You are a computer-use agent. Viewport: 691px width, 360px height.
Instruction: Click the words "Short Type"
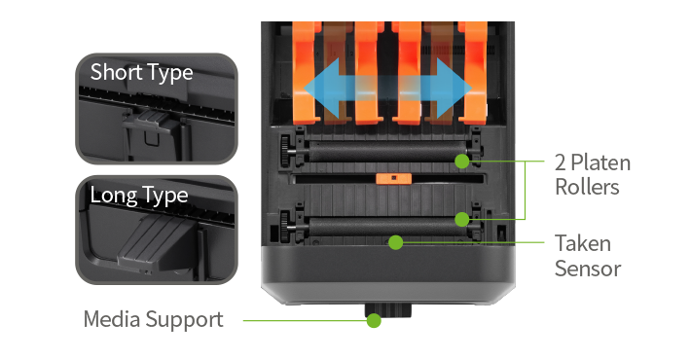141,72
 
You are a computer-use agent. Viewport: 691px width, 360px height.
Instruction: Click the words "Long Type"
139,196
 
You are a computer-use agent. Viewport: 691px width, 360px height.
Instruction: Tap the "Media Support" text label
154,319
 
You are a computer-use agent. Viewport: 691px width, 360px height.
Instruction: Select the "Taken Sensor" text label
588,256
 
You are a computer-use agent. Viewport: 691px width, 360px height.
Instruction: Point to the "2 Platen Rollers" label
593,175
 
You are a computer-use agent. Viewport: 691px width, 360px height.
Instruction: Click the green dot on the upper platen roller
462,162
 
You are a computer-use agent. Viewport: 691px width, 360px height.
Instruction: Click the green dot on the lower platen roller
462,219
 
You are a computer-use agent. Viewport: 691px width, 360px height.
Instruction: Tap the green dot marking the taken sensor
396,242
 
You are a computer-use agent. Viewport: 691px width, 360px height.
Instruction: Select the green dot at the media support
374,320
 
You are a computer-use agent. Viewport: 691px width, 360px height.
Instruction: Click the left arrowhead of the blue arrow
322,89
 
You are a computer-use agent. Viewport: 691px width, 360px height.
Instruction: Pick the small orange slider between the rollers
393,178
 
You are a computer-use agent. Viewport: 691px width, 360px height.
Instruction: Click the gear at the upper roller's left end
285,151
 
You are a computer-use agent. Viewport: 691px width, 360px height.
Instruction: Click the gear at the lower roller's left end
285,228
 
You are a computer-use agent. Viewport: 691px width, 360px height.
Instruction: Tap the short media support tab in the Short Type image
148,121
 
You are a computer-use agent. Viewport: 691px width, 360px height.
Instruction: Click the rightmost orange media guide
472,73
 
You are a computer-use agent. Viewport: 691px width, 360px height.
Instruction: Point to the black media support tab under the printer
387,310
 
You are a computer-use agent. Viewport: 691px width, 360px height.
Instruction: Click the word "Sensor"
588,269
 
